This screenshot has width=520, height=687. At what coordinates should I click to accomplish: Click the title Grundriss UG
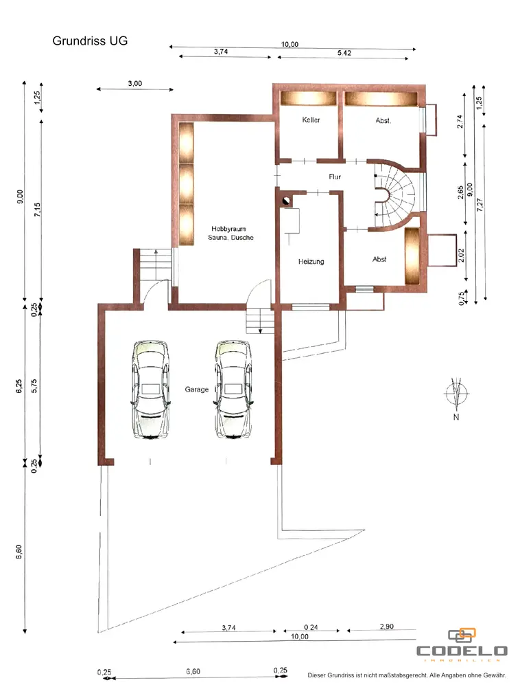pos(90,41)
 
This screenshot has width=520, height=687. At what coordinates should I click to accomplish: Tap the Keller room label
pos(311,120)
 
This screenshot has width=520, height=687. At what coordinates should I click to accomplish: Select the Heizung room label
pos(311,262)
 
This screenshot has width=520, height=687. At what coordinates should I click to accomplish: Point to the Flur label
pos(335,177)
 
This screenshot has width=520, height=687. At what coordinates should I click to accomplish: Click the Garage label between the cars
pos(196,389)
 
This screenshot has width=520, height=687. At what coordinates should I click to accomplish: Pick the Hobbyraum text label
pos(228,229)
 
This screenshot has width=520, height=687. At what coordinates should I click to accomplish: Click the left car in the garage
pos(150,389)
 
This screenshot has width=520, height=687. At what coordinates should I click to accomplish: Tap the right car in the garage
pos(233,389)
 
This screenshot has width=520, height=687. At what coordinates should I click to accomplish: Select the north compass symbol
pos(456,394)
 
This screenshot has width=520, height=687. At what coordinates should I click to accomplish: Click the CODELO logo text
pos(462,651)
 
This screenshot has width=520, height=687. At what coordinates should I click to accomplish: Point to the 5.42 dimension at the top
pos(344,53)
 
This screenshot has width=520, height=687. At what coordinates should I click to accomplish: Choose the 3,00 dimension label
pos(134,83)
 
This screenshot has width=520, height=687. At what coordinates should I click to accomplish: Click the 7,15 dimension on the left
pos(38,210)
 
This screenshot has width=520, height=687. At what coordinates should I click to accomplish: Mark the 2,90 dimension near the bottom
pos(387,627)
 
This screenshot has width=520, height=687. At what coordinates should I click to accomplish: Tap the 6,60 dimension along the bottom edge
pos(193,671)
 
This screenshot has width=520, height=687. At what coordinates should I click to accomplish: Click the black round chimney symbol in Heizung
pos(285,201)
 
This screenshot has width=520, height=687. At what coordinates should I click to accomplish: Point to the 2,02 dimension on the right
pos(460,256)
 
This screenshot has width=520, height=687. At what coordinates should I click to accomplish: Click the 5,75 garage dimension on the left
pos(34,385)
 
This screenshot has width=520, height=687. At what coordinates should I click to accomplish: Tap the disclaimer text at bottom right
pos(407,675)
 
